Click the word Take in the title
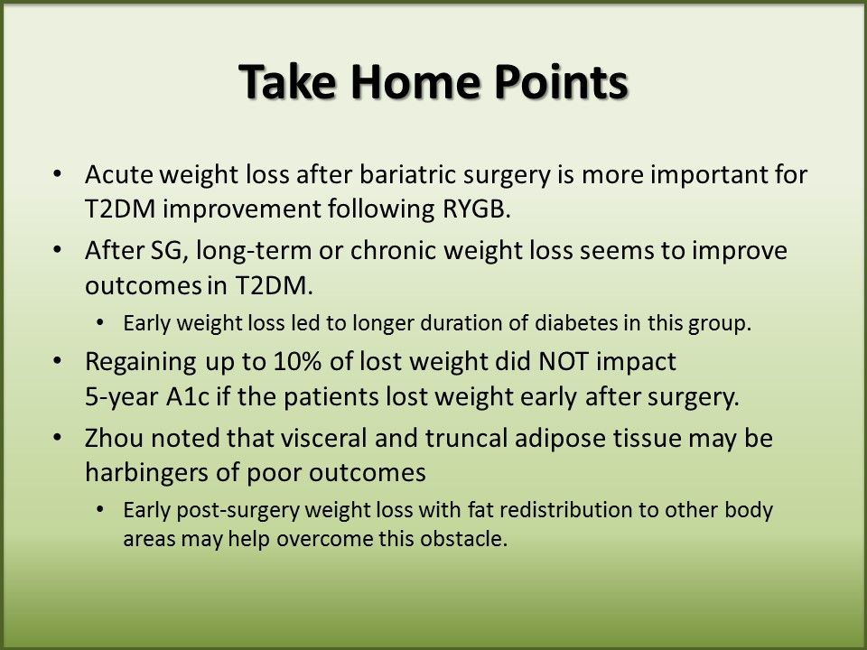[287, 81]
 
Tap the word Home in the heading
[415, 81]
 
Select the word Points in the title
[561, 81]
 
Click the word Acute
[119, 174]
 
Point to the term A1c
[188, 397]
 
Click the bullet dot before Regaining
[57, 361]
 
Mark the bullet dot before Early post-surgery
[99, 509]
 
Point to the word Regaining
[141, 363]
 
